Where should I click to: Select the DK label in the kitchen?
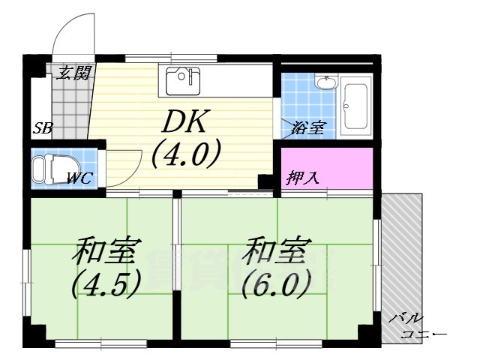(x=185, y=121)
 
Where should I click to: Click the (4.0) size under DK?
(x=185, y=155)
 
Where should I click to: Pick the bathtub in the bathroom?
(x=354, y=106)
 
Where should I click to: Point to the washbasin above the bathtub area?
(x=325, y=82)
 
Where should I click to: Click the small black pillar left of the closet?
(x=265, y=181)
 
